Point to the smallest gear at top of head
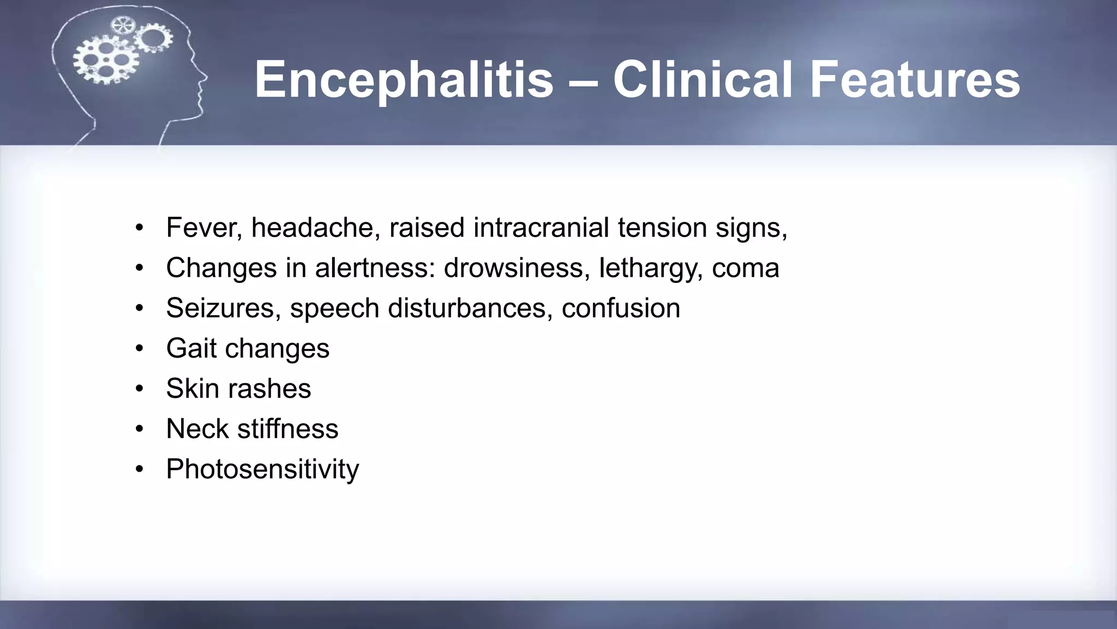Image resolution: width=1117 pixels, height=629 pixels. coord(122,26)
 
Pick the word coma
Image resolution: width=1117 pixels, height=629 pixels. coord(745,268)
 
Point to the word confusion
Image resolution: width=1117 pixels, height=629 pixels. coord(621,308)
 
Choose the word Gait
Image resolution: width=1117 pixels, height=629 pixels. coord(191,348)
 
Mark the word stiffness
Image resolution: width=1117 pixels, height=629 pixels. coord(287,429)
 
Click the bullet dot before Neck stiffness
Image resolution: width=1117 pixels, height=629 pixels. coord(140,429)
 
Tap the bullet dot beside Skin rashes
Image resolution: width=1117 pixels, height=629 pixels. coord(140,389)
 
